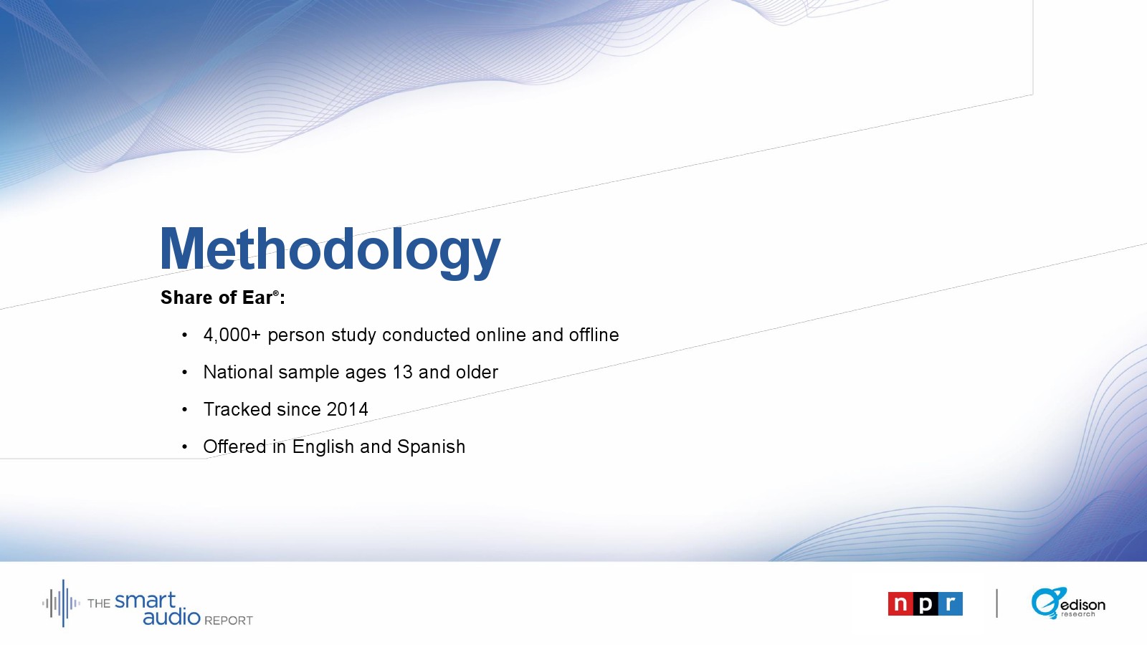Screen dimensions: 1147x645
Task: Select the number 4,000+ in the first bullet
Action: pyautogui.click(x=232, y=335)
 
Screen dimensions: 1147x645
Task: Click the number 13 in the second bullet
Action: pyautogui.click(x=402, y=372)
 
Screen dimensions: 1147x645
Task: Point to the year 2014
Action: pyautogui.click(x=347, y=409)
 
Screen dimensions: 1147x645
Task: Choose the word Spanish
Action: pyautogui.click(x=431, y=447)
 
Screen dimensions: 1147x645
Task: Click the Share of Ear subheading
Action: pyautogui.click(x=223, y=297)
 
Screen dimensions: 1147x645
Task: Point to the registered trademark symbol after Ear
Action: pyautogui.click(x=276, y=293)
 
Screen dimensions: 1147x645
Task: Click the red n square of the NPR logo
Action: pyautogui.click(x=900, y=604)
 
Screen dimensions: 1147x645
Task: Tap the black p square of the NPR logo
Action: pyautogui.click(x=925, y=604)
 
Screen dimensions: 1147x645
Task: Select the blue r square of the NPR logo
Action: pyautogui.click(x=951, y=604)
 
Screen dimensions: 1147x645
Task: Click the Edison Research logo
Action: pyautogui.click(x=1068, y=603)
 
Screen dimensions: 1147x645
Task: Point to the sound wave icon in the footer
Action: pyautogui.click(x=61, y=603)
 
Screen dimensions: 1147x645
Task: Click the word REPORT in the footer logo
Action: pyautogui.click(x=229, y=621)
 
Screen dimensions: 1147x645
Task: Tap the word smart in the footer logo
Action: pyautogui.click(x=146, y=601)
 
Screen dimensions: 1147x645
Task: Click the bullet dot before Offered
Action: pyautogui.click(x=185, y=447)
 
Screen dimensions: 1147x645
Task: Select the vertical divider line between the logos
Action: pyautogui.click(x=997, y=603)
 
